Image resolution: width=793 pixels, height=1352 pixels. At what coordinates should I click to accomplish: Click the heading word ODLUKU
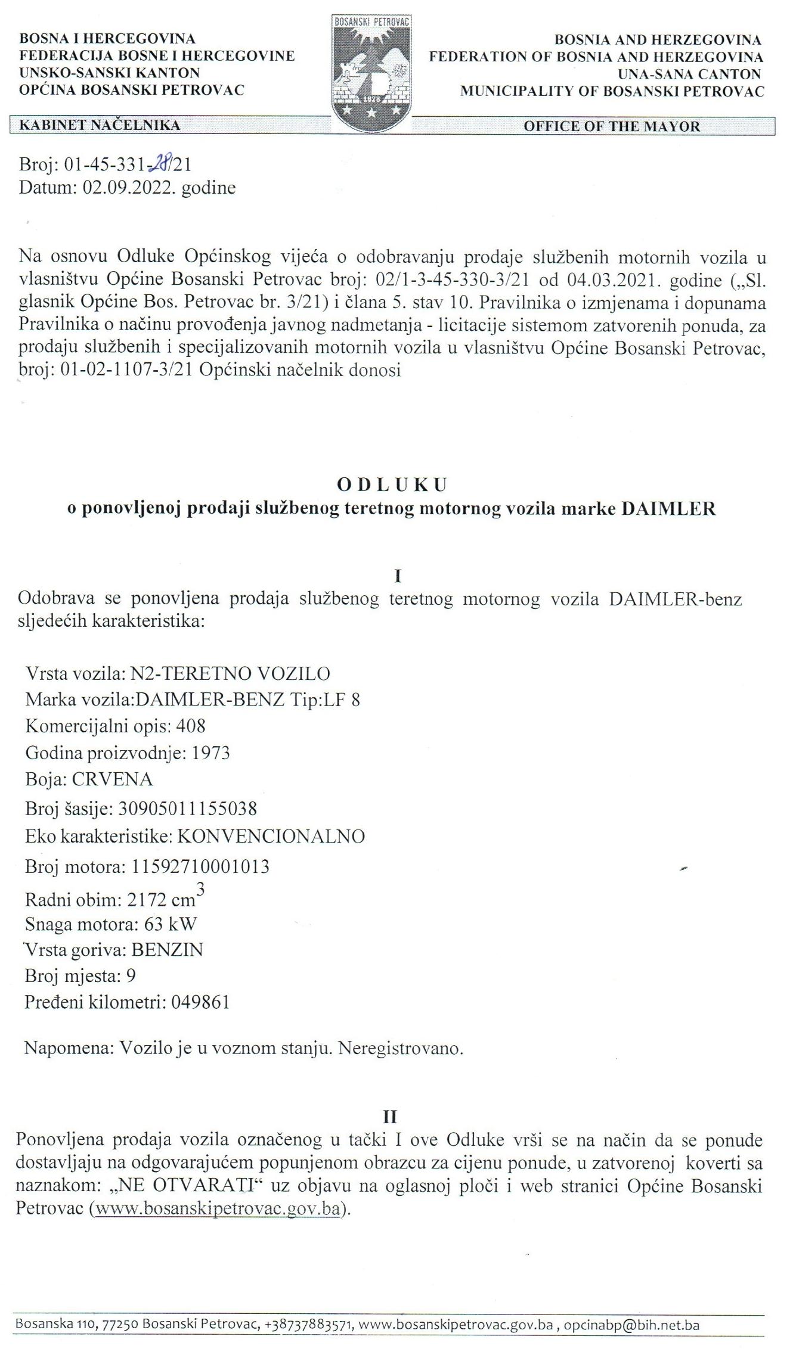point(392,485)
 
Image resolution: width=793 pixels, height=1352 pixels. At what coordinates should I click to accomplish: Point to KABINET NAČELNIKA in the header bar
point(100,125)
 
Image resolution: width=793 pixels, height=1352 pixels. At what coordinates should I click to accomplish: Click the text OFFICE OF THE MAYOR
point(612,126)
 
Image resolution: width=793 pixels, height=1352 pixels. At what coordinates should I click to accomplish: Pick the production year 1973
point(210,753)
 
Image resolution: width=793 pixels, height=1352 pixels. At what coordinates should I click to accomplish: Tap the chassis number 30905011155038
point(188,809)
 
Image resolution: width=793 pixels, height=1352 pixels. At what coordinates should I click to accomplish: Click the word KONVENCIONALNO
point(271,837)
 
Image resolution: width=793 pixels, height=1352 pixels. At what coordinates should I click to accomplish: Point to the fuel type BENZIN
point(167,949)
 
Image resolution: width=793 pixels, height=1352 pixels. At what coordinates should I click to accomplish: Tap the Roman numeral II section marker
point(391,1116)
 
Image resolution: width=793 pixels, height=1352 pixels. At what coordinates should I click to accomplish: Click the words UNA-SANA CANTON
point(689,74)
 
